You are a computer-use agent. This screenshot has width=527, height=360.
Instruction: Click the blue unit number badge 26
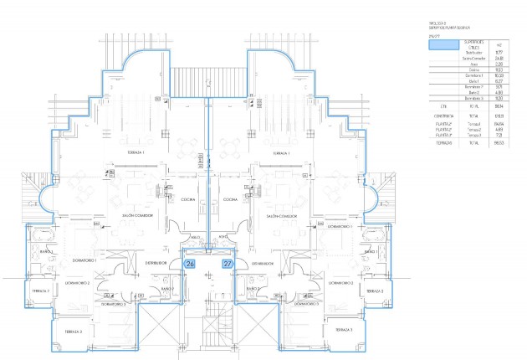coord(189,264)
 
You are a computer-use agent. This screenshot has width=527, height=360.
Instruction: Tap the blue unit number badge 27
coord(228,264)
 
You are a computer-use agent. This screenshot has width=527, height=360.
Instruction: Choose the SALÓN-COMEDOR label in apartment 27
coord(282,215)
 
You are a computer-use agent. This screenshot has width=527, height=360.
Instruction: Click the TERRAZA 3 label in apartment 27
coord(343,332)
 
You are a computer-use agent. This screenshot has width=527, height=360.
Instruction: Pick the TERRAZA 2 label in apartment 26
coord(41,291)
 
